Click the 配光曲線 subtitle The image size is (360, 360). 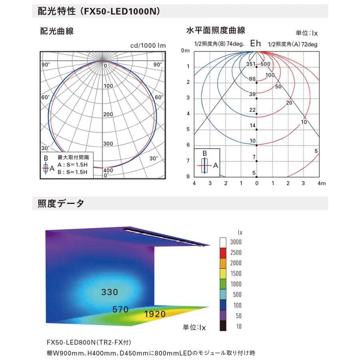click(57, 31)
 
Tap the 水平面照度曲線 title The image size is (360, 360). click(216, 30)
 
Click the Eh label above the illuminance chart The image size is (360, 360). click(256, 44)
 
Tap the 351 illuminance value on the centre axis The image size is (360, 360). click(250, 64)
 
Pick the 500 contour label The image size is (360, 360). click(266, 64)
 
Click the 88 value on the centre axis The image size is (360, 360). click(252, 79)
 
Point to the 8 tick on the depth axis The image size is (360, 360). click(188, 176)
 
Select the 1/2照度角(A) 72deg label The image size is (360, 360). click(292, 44)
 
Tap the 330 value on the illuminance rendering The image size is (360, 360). click(109, 292)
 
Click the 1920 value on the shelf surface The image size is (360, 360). click(155, 314)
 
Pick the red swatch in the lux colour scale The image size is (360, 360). click(224, 252)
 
